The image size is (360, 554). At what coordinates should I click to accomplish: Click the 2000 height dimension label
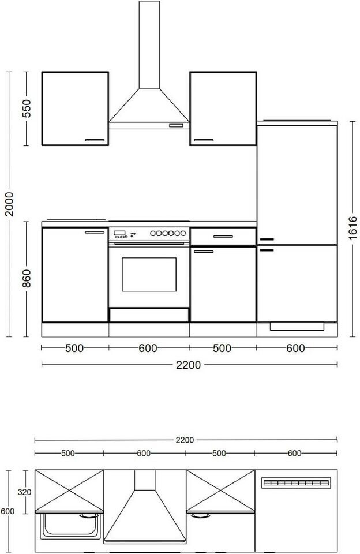(x=9, y=204)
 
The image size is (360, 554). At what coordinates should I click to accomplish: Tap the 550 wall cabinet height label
(x=27, y=108)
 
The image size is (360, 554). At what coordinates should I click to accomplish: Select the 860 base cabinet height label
(x=27, y=278)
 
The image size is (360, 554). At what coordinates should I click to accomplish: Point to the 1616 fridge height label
(x=352, y=228)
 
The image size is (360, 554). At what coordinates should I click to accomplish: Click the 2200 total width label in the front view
(x=188, y=365)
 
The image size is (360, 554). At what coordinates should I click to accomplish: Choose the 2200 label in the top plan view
(x=185, y=440)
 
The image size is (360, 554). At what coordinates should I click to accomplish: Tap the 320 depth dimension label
(x=24, y=492)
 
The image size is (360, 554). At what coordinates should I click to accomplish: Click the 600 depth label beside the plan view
(x=7, y=511)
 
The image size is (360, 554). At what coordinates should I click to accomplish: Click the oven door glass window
(x=149, y=275)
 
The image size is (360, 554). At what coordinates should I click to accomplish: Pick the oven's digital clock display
(x=119, y=233)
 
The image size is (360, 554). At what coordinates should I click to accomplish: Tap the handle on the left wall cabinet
(x=95, y=140)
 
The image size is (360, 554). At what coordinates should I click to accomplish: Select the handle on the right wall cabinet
(x=204, y=140)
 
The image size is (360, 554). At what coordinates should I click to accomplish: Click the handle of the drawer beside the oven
(x=223, y=237)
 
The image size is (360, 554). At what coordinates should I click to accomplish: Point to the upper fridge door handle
(x=267, y=239)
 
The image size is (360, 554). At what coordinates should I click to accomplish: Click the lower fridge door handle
(x=267, y=250)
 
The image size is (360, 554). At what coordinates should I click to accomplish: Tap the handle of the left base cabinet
(x=95, y=232)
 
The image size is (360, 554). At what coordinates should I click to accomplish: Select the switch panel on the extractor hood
(x=176, y=125)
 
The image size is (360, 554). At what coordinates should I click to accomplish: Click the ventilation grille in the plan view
(x=296, y=482)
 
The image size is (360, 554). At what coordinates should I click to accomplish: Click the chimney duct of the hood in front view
(x=149, y=45)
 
